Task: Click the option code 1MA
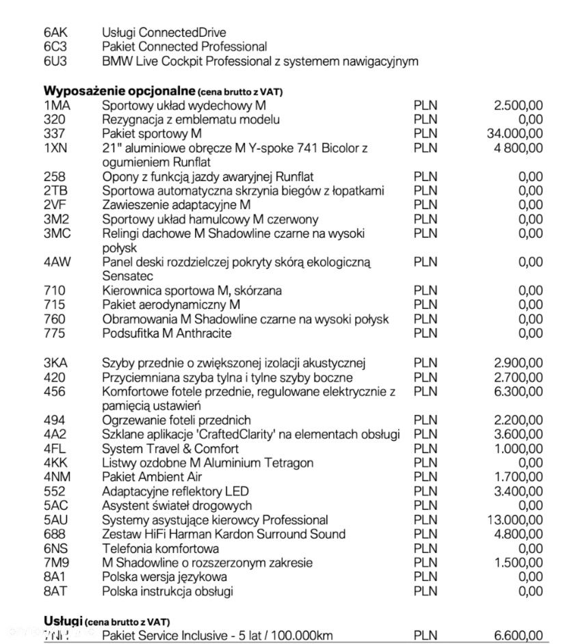tap(57, 105)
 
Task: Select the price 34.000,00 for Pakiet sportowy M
tap(514, 133)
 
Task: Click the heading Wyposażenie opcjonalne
tap(120, 91)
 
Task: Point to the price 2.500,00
tap(518, 105)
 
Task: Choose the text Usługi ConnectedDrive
tap(163, 32)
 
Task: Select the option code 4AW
tap(57, 262)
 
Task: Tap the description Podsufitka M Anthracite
tap(166, 333)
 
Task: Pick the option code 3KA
tap(55, 363)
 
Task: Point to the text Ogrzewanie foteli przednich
tap(176, 420)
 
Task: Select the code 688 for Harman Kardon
tap(55, 534)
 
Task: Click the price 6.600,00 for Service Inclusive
tap(518, 636)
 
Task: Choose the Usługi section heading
tap(64, 621)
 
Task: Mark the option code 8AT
tap(55, 591)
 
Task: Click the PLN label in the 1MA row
tap(425, 105)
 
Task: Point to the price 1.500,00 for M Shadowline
tap(518, 563)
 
